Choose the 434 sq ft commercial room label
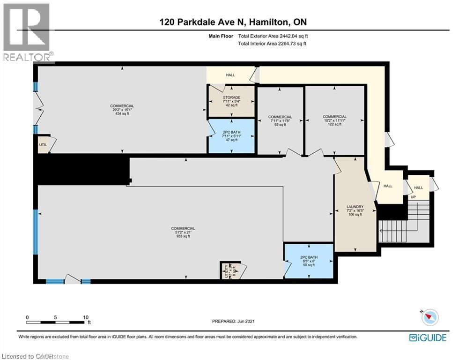tap(122, 110)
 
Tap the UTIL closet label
tap(43, 145)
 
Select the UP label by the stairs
tap(413, 197)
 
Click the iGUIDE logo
tap(427, 337)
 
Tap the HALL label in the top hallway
tap(230, 75)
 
